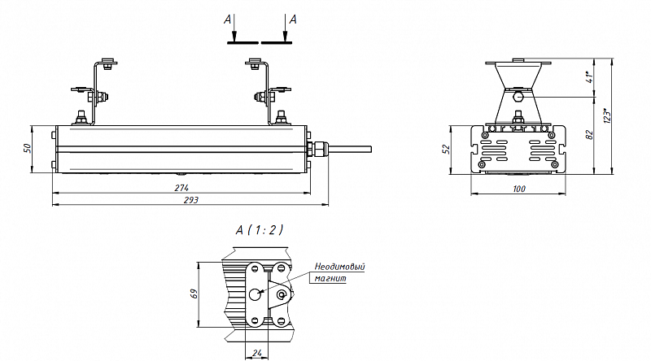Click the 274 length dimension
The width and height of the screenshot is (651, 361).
[181, 188]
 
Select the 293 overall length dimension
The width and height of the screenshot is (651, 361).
[191, 200]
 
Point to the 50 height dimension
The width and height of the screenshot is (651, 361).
[27, 148]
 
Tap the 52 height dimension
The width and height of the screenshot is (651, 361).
[446, 150]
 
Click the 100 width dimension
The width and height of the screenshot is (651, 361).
[519, 189]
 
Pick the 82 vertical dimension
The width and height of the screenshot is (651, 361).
[589, 135]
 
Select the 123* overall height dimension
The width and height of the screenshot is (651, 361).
[607, 115]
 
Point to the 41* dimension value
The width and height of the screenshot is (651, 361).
[589, 76]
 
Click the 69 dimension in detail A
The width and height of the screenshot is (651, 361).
[194, 294]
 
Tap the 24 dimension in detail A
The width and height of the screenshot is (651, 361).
[257, 353]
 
